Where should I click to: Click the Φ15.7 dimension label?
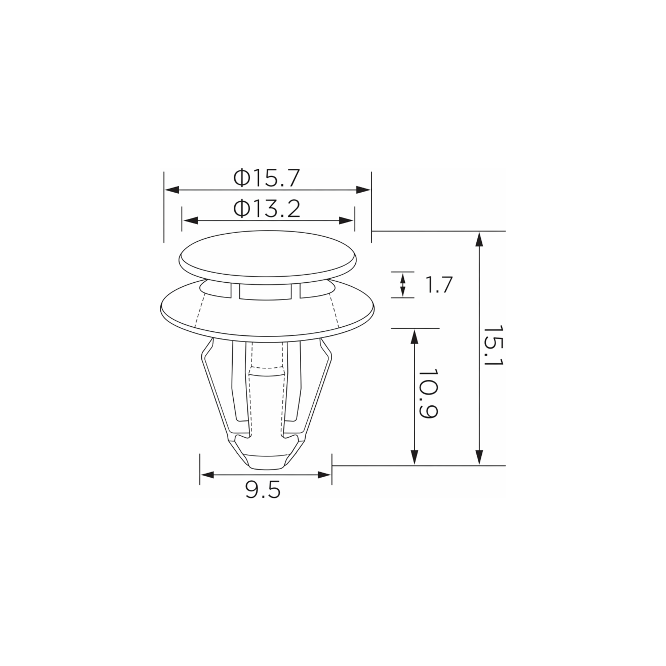(266, 178)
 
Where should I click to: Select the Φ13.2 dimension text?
(266, 209)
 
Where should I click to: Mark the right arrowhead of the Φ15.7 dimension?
(363, 190)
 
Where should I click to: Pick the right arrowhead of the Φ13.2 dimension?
(346, 221)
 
